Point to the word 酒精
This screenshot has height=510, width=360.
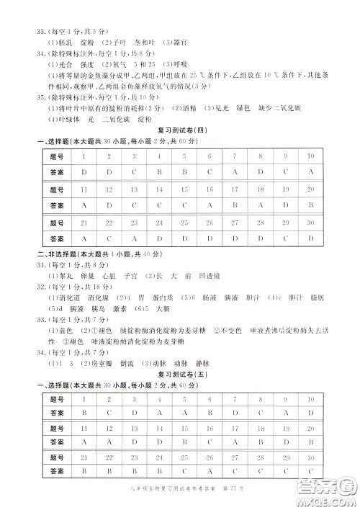(186, 108)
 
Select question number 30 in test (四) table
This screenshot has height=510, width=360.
(310, 223)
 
